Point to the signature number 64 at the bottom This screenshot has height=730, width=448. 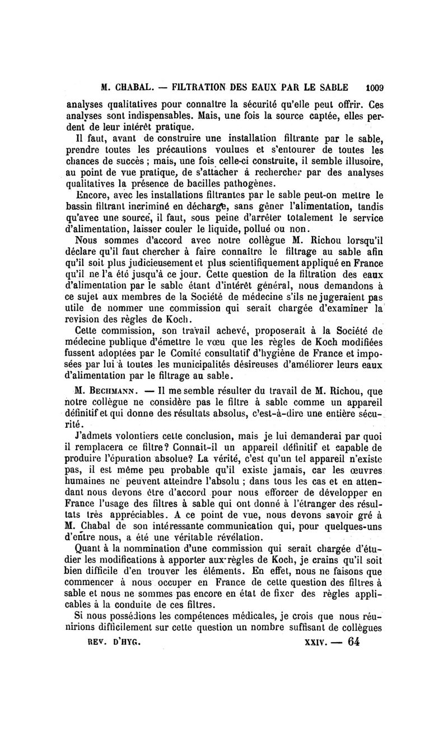(x=354, y=642)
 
